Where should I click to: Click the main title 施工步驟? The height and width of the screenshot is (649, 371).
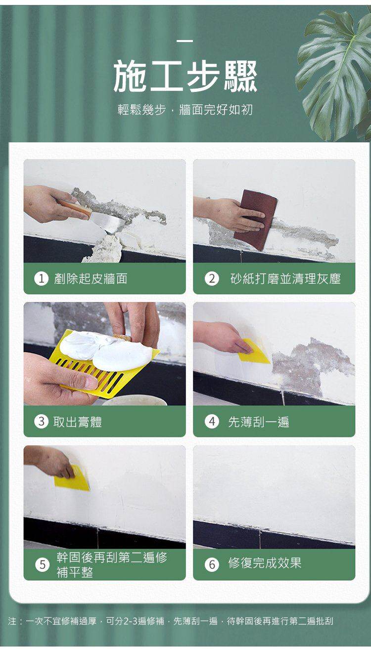click(185, 77)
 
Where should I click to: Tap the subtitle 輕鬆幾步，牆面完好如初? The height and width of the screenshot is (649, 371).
click(185, 110)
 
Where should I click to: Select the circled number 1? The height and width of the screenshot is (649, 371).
click(42, 279)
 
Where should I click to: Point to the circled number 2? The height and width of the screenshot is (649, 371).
click(212, 279)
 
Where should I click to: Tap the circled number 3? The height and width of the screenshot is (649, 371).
click(42, 422)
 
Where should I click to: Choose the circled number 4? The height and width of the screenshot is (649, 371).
click(212, 422)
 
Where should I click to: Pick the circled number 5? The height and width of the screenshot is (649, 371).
click(43, 564)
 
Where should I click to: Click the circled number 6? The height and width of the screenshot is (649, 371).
click(212, 564)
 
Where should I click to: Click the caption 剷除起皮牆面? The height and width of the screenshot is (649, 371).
click(91, 279)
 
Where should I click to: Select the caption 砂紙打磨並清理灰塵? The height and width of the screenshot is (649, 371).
click(285, 279)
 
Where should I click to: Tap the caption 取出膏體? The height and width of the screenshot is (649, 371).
click(78, 422)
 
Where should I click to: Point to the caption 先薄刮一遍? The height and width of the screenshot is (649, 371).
click(259, 422)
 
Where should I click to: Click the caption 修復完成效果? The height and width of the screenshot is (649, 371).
click(265, 563)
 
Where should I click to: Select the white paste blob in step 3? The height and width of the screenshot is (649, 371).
click(107, 350)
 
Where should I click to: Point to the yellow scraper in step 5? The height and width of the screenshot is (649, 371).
click(72, 478)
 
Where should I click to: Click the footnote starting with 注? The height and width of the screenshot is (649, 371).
click(171, 621)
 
